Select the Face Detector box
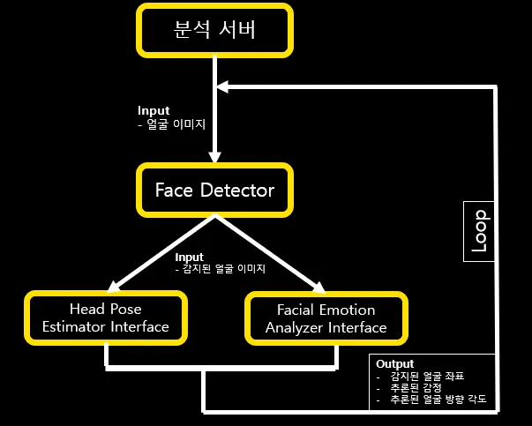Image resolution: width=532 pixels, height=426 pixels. coord(215,190)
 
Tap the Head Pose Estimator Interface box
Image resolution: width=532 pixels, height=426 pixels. coord(105,318)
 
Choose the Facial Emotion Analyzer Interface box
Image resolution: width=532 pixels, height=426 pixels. coord(326,318)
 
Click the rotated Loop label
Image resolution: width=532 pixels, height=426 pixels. coord(478,231)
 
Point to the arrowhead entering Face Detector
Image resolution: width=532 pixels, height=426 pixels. coord(215,156)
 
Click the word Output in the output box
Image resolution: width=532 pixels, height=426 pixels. coord(394,363)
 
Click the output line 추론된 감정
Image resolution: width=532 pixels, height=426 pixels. coord(413,387)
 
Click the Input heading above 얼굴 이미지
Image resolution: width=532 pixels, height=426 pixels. coord(154,111)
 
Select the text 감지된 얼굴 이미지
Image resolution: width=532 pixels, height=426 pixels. coord(225,268)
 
